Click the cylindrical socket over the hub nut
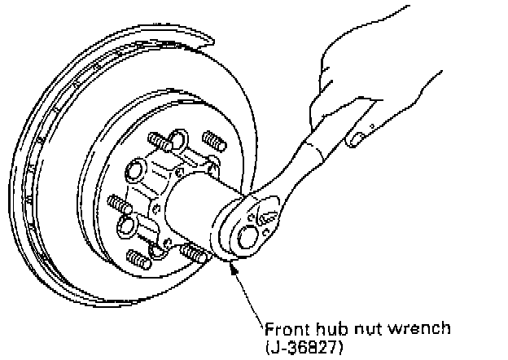195,208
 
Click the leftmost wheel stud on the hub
116,201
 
